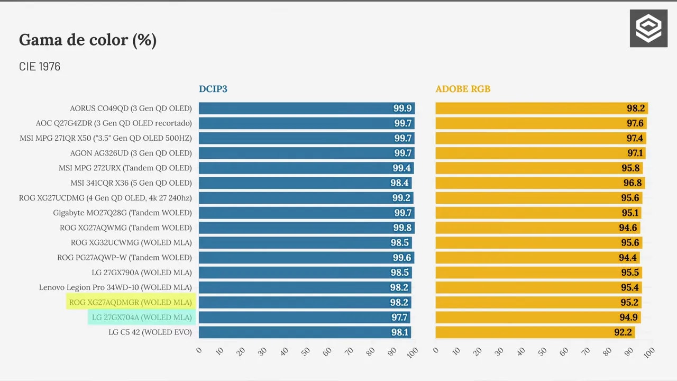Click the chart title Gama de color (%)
pyautogui.click(x=88, y=40)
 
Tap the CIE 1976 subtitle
pyautogui.click(x=40, y=67)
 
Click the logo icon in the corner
pyautogui.click(x=648, y=28)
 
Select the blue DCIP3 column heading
pyautogui.click(x=213, y=89)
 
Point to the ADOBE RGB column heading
pyautogui.click(x=463, y=89)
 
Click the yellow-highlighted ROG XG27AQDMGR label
pyautogui.click(x=131, y=302)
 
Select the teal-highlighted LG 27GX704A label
pyautogui.click(x=142, y=317)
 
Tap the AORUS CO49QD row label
pyautogui.click(x=131, y=108)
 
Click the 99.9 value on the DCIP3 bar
pyautogui.click(x=402, y=108)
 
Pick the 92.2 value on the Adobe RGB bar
pyautogui.click(x=623, y=332)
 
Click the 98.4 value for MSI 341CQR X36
pyautogui.click(x=399, y=183)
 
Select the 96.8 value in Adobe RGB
pyautogui.click(x=633, y=183)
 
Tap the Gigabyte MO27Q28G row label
pyautogui.click(x=122, y=213)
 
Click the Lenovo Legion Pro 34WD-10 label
pyautogui.click(x=115, y=287)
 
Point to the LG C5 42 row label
pyautogui.click(x=150, y=332)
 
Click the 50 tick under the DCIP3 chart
pyautogui.click(x=306, y=351)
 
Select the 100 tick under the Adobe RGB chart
pyautogui.click(x=649, y=352)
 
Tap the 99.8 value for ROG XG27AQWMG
pyautogui.click(x=402, y=228)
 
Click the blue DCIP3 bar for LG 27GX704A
pyautogui.click(x=304, y=317)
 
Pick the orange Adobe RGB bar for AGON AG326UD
pyautogui.click(x=541, y=153)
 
